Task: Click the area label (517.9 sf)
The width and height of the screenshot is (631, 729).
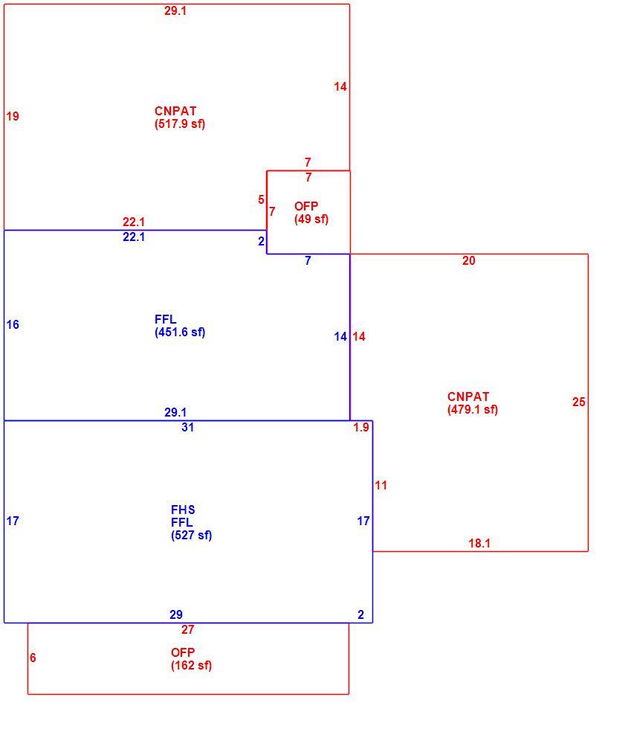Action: point(180,124)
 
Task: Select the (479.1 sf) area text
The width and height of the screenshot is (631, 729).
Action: point(473,410)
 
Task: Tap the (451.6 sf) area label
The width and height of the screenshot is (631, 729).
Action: point(180,333)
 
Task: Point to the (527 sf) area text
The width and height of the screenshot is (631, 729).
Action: point(192,535)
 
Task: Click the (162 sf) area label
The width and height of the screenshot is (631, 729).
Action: point(192,665)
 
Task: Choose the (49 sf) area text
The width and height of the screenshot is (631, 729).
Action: point(311,219)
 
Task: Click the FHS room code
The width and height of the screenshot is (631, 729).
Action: point(183,510)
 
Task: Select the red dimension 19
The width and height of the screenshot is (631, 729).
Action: point(13,116)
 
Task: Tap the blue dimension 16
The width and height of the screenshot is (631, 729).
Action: point(13,324)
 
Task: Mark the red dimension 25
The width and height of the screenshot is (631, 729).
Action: point(578,402)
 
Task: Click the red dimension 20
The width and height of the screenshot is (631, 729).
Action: point(469,261)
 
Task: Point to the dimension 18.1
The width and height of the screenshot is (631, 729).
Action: point(479,543)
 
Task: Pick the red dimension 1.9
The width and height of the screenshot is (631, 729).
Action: point(361,427)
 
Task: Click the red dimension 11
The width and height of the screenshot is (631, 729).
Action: point(381,485)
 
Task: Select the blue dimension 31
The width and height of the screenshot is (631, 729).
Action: point(188,427)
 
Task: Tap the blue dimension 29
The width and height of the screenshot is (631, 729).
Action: point(176,614)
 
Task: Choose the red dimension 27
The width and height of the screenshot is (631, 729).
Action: point(188,629)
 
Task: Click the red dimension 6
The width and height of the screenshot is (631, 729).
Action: point(33,658)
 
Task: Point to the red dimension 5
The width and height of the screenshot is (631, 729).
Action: point(261,200)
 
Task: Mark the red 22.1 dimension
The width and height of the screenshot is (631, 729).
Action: point(134,222)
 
